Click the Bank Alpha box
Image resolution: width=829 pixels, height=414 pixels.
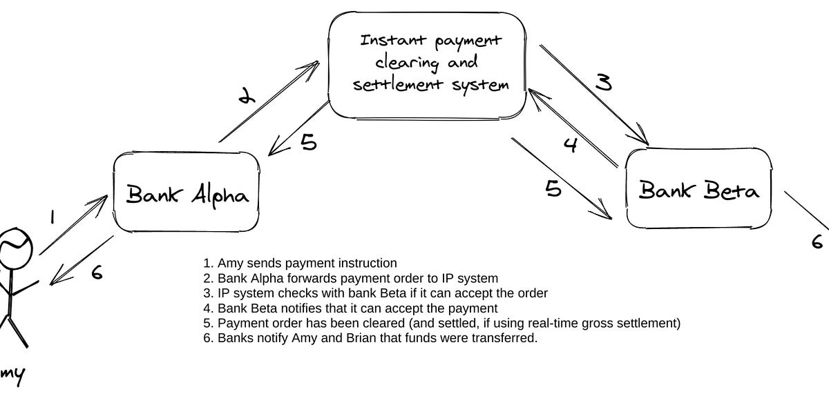pos(187,193)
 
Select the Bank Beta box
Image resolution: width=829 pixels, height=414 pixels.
pos(698,188)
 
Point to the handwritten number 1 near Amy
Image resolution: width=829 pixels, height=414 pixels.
pos(53,218)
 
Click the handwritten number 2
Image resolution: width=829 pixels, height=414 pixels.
pos(245,97)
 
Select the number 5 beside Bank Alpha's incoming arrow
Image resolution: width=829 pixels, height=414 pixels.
pos(308,143)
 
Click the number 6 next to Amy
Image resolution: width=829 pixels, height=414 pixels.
pos(97,273)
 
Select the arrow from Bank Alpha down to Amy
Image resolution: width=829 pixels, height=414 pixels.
pos(82,261)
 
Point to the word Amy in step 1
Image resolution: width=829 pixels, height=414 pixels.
pos(229,263)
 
